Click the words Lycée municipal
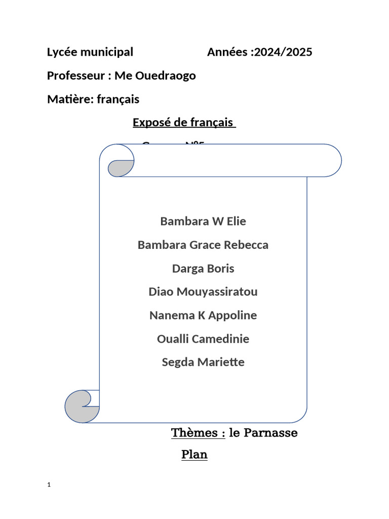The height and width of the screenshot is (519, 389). click(x=90, y=52)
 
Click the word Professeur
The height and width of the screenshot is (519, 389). click(x=76, y=76)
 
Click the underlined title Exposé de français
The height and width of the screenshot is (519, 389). click(x=184, y=123)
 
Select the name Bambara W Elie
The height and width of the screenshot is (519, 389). click(x=203, y=221)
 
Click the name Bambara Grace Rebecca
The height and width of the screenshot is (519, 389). click(x=203, y=245)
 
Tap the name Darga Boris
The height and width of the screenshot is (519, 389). click(x=203, y=269)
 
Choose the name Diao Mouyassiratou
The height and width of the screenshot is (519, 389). click(x=203, y=292)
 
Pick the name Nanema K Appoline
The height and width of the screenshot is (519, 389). click(x=203, y=316)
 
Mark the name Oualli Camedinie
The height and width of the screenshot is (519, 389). click(x=203, y=339)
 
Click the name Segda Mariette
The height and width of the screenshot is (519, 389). click(x=203, y=362)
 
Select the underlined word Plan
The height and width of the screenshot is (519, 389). click(x=194, y=455)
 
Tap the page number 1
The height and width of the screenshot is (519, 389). click(x=49, y=485)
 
